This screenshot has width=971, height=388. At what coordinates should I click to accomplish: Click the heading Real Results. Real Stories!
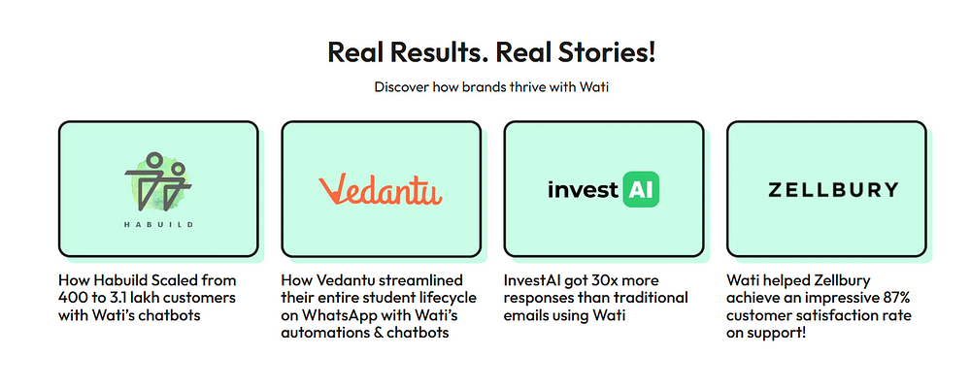pos(491,52)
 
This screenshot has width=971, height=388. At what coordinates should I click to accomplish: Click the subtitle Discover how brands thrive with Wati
pos(491,86)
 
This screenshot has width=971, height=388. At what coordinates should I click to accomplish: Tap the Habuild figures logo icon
pos(158,180)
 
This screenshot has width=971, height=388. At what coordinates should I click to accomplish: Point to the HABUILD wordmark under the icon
pos(158,225)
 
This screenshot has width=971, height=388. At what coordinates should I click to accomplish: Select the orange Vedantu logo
pos(381,189)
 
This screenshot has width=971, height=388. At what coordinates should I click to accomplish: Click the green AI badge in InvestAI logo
pos(640,189)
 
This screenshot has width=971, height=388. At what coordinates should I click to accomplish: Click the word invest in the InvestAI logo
pos(583,189)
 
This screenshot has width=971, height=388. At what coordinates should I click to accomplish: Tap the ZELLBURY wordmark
pos(833,189)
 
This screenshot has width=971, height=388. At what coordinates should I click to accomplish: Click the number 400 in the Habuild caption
pos(72,298)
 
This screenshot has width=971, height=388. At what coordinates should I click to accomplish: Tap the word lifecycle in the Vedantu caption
pos(447,298)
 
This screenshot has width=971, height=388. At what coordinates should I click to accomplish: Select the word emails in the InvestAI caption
pos(525,315)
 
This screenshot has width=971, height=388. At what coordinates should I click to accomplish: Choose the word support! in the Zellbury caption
pos(777,334)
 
